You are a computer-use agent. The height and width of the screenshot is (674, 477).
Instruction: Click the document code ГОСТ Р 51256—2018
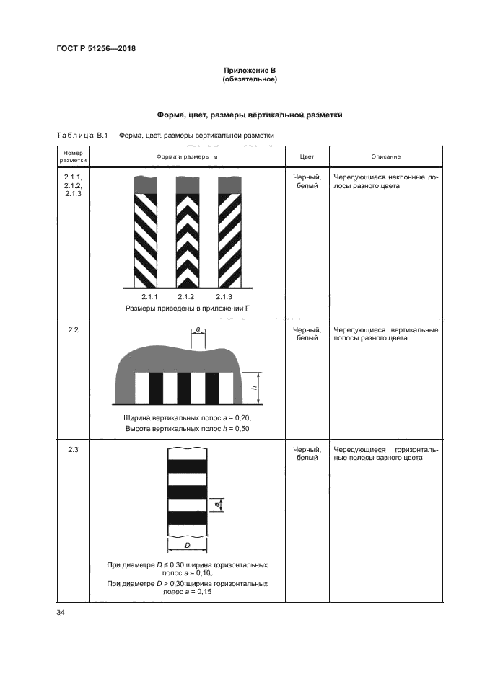coord(96,49)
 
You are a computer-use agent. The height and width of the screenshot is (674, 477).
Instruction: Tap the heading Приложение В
coord(250,70)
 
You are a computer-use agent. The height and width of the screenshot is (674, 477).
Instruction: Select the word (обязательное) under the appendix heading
coord(250,79)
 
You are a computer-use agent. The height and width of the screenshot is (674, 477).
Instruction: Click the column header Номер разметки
coord(73,156)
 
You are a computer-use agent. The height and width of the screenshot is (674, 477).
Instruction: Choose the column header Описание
coord(386,156)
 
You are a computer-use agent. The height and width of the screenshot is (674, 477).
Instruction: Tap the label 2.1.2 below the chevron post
coord(187,297)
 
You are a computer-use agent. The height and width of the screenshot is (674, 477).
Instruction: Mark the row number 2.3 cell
coord(73,451)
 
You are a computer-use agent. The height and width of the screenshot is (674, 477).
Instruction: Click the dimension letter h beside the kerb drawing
coord(254,388)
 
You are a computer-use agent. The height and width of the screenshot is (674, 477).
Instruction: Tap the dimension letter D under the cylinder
coord(187,546)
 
